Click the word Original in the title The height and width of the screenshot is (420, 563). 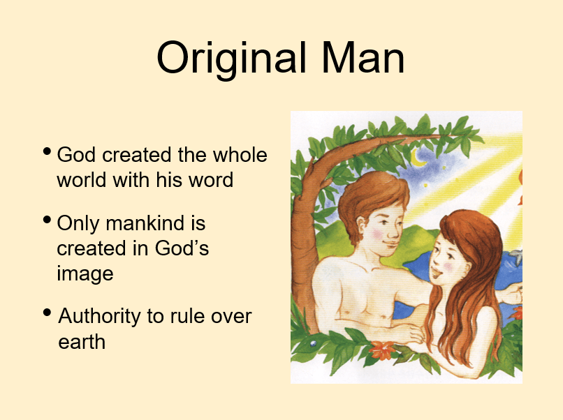[232, 58]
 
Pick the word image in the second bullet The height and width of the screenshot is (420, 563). [85, 274]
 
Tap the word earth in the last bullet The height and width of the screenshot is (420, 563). [82, 342]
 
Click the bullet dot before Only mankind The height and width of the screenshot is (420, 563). [47, 220]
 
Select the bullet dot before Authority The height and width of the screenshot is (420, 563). [47, 313]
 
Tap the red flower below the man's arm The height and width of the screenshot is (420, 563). [382, 350]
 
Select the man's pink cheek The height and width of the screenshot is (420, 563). [378, 234]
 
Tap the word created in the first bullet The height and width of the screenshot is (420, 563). [136, 155]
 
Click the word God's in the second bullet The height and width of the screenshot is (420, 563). [182, 248]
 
